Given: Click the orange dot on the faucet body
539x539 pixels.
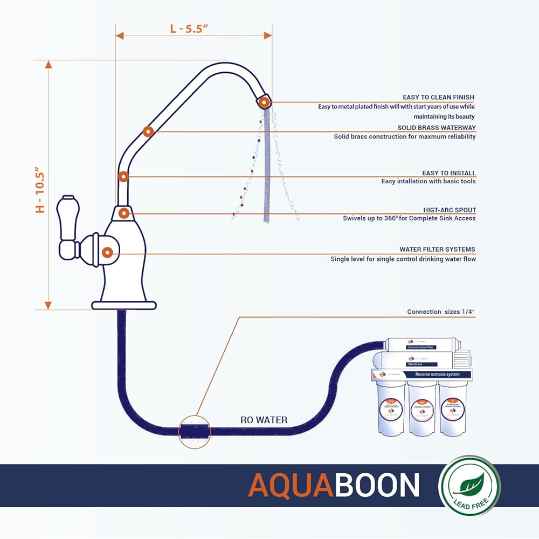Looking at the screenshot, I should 107,252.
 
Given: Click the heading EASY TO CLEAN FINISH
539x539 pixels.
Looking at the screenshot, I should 438,97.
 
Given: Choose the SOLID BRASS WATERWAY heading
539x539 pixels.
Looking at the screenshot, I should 437,128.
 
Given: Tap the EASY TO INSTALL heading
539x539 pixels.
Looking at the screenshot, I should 449,173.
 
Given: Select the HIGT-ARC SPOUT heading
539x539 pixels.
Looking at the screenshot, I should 450,210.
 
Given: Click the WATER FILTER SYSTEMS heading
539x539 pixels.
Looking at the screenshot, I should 437,250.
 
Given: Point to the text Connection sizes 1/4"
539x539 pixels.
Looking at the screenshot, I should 441,312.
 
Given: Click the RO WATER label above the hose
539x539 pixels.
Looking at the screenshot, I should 264,420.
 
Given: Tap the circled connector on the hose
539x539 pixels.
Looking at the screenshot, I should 195,431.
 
